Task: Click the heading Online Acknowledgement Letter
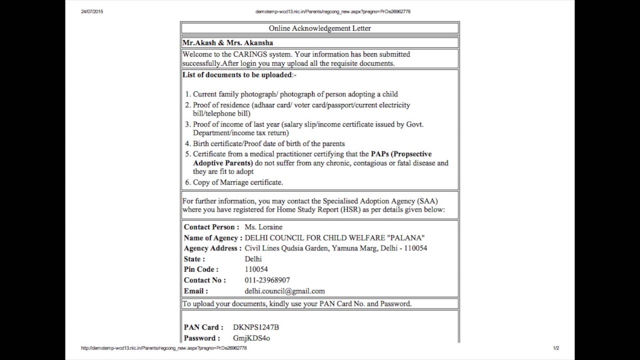point(319,28)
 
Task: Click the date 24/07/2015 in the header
point(92,11)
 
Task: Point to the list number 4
point(188,144)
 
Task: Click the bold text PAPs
point(379,154)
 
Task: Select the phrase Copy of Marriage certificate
point(238,182)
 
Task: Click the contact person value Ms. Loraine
point(263,227)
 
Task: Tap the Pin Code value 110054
point(256,269)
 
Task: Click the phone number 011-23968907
point(267,280)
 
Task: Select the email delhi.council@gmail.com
point(284,291)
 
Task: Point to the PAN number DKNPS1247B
point(256,327)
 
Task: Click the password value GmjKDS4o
point(251,338)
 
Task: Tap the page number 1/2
point(556,348)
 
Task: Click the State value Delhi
point(253,259)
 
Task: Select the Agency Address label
point(212,248)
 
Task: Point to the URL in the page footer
point(164,348)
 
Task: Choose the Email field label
point(195,291)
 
